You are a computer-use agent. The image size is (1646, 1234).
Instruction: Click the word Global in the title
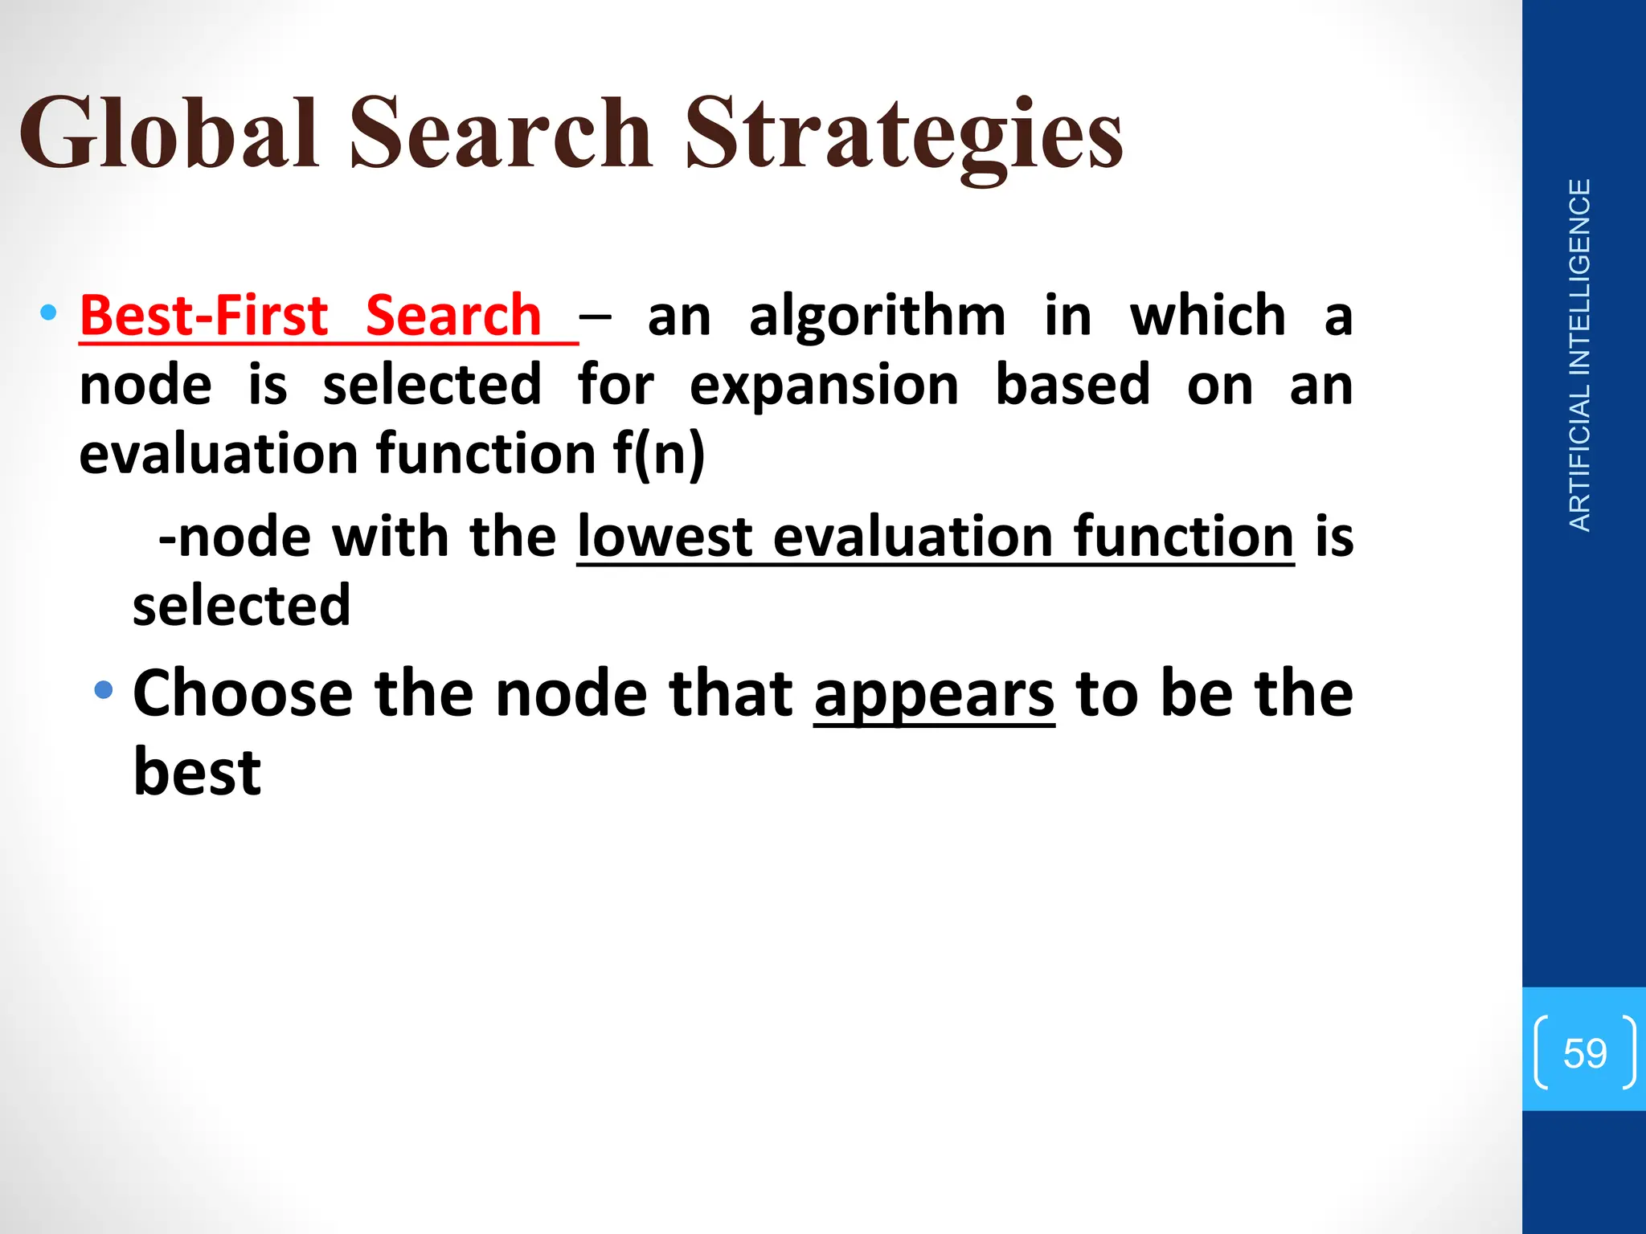click(x=169, y=133)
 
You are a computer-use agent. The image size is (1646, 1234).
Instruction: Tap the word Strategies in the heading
click(x=903, y=133)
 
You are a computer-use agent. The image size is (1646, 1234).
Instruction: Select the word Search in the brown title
click(x=500, y=133)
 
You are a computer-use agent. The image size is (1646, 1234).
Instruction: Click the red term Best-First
click(x=204, y=315)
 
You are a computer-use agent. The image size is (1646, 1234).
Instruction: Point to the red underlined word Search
click(x=453, y=315)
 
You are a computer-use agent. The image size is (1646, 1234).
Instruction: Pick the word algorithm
click(x=877, y=317)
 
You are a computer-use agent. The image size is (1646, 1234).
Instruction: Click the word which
click(x=1207, y=315)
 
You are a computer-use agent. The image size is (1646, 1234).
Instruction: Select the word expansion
click(x=824, y=386)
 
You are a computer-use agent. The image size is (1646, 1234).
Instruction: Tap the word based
click(x=1072, y=384)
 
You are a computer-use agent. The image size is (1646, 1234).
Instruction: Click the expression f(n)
click(x=658, y=454)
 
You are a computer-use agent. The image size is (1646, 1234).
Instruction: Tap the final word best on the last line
click(x=197, y=772)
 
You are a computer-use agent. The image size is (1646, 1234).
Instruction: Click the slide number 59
click(x=1584, y=1052)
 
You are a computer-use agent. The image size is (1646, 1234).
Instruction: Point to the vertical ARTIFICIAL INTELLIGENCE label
click(x=1580, y=355)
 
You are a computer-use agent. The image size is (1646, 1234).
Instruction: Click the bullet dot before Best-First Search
click(x=48, y=312)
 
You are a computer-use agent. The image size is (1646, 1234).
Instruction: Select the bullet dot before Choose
click(x=103, y=689)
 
